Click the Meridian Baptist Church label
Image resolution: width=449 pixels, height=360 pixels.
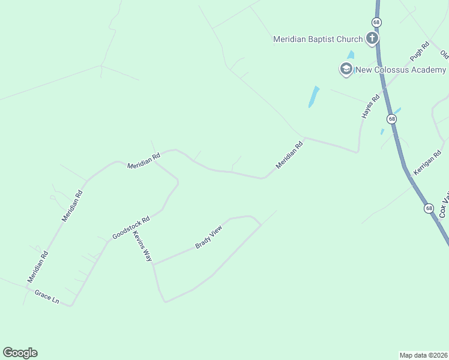(x=318, y=40)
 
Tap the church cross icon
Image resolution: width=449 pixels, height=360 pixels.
(x=372, y=40)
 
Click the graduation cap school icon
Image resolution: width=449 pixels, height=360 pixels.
(x=346, y=70)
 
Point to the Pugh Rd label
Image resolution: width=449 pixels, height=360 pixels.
(x=420, y=51)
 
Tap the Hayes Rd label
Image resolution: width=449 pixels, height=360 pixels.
(x=371, y=106)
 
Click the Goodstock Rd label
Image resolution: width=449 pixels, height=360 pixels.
(x=131, y=229)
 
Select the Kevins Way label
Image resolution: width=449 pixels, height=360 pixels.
(x=143, y=246)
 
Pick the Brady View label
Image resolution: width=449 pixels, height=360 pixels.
(x=209, y=237)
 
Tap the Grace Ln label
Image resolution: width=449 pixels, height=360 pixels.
(x=47, y=296)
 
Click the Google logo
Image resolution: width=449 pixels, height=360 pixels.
(x=20, y=353)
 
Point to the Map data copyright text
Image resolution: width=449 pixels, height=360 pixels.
(x=424, y=355)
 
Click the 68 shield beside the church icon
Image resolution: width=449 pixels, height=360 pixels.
(x=376, y=22)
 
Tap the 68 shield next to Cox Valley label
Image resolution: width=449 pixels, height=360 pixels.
(x=428, y=208)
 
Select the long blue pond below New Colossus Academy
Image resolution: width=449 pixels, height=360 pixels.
(x=313, y=97)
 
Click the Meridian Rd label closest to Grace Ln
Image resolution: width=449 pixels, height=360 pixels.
(x=37, y=266)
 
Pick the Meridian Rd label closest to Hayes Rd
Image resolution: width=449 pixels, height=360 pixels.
(x=290, y=155)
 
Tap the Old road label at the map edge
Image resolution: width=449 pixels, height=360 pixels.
(x=444, y=54)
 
